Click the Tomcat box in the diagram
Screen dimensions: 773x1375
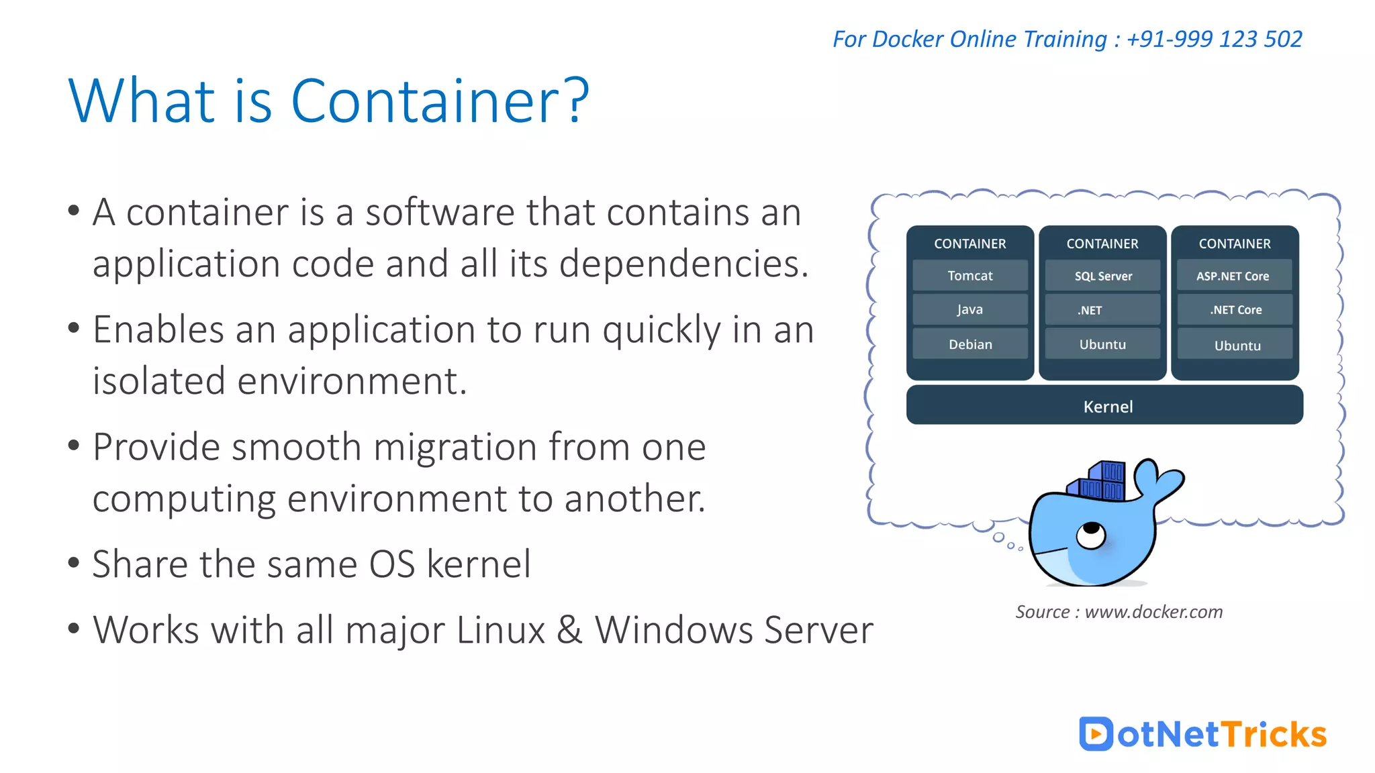pos(970,276)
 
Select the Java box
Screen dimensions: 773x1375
pos(970,309)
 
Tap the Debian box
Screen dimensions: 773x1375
pos(970,344)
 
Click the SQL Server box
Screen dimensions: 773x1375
pos(1102,276)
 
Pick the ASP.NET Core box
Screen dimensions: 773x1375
pos(1234,276)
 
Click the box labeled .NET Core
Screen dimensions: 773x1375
pos(1235,310)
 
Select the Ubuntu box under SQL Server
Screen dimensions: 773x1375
pos(1102,344)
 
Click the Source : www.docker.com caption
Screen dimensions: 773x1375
pos(1119,612)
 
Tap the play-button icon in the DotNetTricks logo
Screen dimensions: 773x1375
pos(1096,733)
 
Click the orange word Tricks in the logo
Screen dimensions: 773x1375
pos(1274,734)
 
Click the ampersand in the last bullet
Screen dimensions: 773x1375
pos(569,630)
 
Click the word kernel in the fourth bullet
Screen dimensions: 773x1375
pos(479,564)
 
